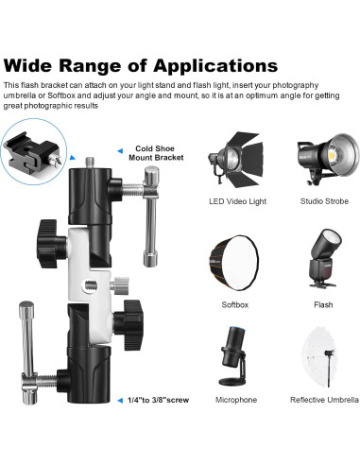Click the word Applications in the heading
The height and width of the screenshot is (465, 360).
pyautogui.click(x=209, y=66)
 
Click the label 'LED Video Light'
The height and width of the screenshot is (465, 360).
pyautogui.click(x=235, y=201)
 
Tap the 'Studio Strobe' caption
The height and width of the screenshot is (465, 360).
pyautogui.click(x=324, y=201)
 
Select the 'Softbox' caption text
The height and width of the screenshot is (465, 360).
pyautogui.click(x=235, y=305)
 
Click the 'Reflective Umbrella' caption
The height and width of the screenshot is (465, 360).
pyautogui.click(x=323, y=401)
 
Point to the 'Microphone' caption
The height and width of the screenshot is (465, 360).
pyautogui.click(x=235, y=401)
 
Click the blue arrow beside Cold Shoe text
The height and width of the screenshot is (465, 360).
pyautogui.click(x=120, y=149)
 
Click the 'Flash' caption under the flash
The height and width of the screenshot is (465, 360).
pyautogui.click(x=323, y=305)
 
